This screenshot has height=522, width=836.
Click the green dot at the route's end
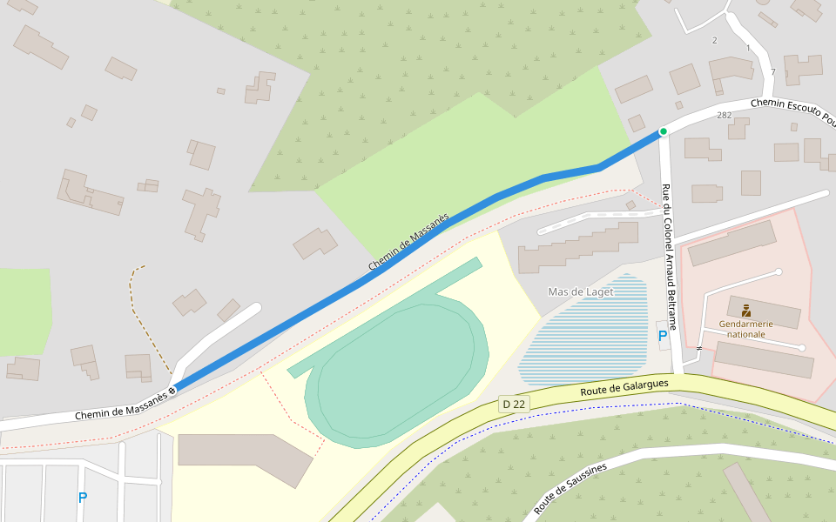[x=663, y=131]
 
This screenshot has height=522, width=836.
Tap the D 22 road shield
[x=514, y=404]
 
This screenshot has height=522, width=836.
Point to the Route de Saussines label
[x=570, y=488]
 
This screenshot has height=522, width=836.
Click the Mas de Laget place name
[x=580, y=291]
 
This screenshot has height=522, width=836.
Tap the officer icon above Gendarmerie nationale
[x=746, y=310]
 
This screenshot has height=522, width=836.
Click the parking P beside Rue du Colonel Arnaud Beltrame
[x=663, y=335]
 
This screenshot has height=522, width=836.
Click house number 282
[x=724, y=115]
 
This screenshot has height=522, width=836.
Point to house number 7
[x=772, y=72]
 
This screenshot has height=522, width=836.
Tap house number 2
[x=714, y=41]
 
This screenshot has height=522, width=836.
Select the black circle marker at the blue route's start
[x=172, y=390]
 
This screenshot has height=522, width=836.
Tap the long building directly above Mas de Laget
[x=578, y=248]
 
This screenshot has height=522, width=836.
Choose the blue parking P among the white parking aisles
[x=83, y=498]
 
